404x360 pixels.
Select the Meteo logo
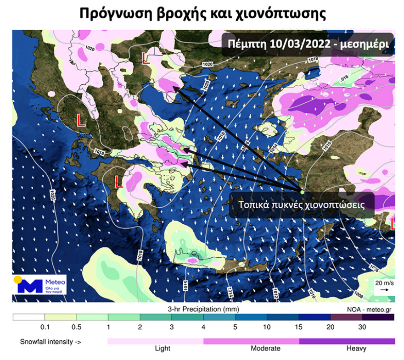40,285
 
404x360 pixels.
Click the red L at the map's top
146,58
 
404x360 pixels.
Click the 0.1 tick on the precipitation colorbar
45,327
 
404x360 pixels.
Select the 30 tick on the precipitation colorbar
362,327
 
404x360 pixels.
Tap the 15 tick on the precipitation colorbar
298,327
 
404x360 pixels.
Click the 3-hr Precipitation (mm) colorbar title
202,310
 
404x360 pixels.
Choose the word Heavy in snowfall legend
357,349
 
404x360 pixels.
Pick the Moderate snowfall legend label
265,349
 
